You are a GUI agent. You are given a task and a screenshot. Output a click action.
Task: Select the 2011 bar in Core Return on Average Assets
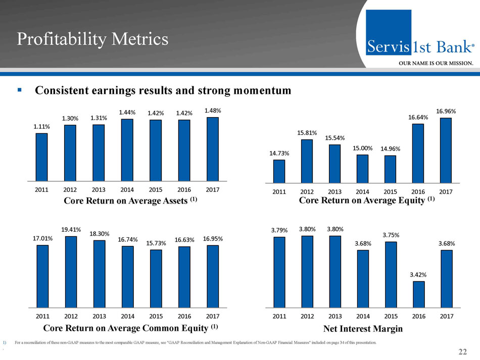click(x=41, y=157)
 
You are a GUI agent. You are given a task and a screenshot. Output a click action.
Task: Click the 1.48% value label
click(x=212, y=110)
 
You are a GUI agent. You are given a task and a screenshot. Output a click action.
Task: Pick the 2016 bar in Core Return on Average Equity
click(x=418, y=153)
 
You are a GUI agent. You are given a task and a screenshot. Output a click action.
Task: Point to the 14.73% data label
click(x=279, y=153)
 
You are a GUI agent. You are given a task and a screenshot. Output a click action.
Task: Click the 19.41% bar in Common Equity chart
click(x=71, y=272)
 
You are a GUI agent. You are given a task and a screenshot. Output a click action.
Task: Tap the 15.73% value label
click(x=156, y=243)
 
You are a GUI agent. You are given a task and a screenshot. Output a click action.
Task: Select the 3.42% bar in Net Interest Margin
click(x=418, y=294)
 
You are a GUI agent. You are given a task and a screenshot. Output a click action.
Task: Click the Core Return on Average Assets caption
click(x=130, y=200)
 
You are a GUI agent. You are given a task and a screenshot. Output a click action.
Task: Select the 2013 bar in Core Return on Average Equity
click(x=334, y=163)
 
